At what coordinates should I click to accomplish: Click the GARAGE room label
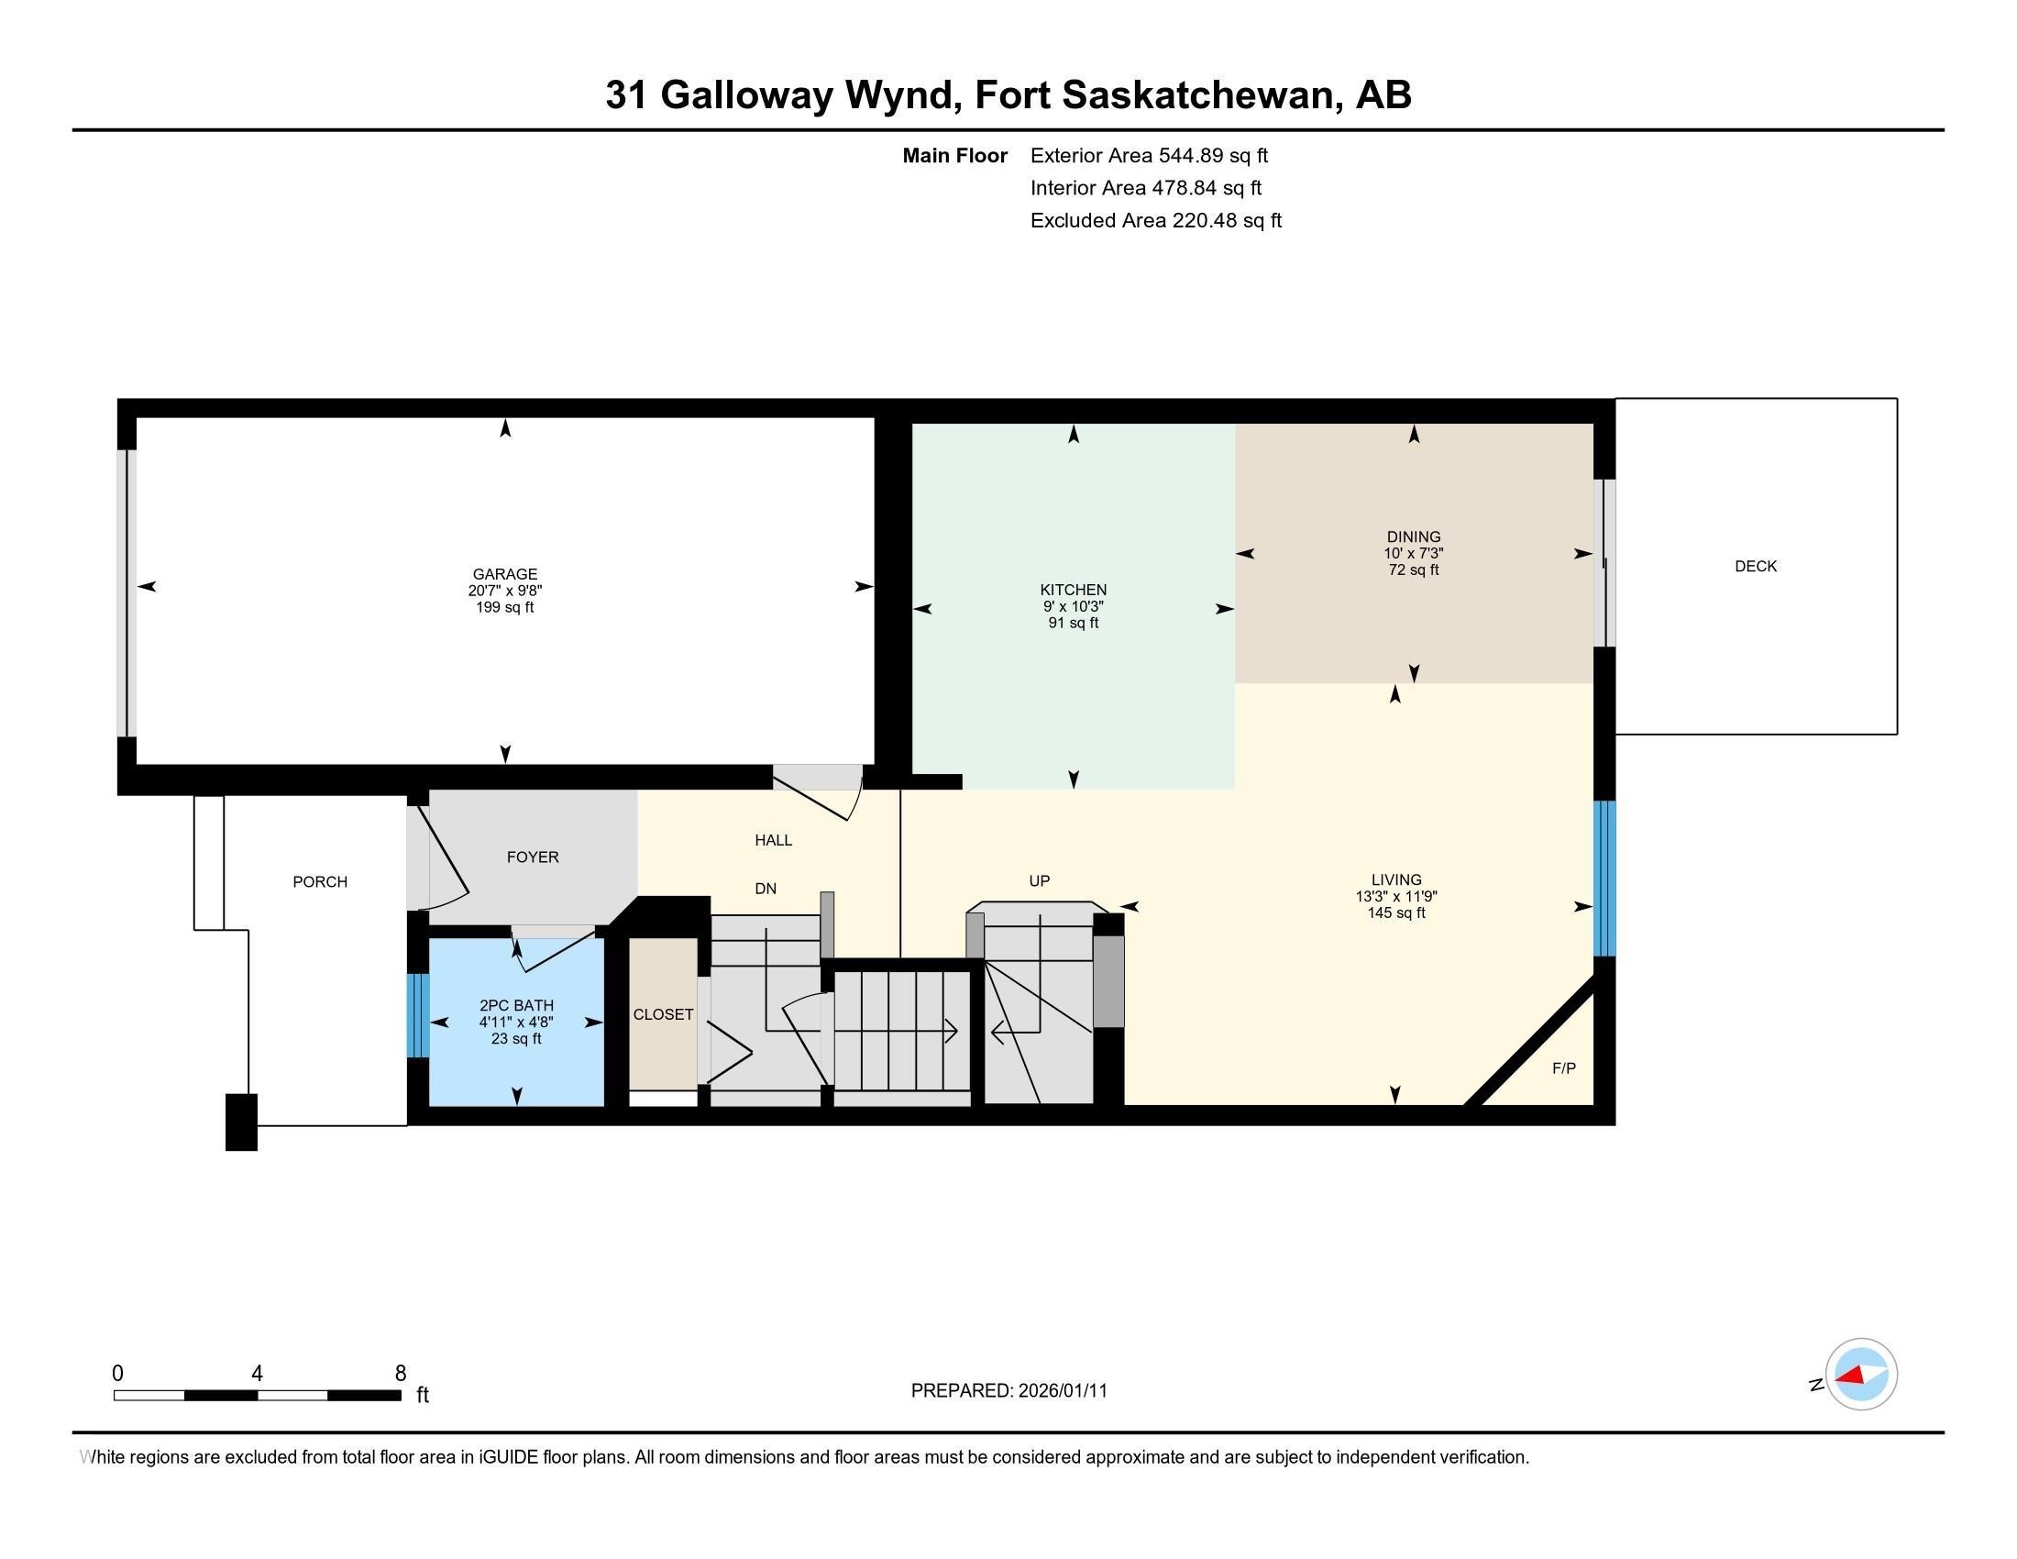pos(504,574)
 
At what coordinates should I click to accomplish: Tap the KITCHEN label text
pos(1074,591)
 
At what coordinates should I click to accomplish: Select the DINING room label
pos(1413,536)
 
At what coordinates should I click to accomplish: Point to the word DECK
pos(1756,566)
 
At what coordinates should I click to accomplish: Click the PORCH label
pos(321,882)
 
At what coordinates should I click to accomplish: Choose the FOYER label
pos(533,857)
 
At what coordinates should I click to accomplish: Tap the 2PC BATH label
pos(516,1006)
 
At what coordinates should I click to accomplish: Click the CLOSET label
pos(663,1014)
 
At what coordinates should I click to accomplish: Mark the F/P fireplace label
pos(1563,1068)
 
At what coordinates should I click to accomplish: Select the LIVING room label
pos(1396,880)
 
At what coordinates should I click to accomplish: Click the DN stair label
pos(766,889)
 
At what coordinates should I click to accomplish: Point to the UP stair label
pos(1040,881)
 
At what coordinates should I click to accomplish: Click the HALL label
pos(773,840)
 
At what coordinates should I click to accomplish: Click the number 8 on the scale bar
pos(401,1374)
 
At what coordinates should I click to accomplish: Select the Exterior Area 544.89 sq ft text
pos(1149,155)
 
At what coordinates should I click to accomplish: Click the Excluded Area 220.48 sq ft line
pos(1156,220)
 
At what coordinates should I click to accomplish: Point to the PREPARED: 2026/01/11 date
pos(1008,1391)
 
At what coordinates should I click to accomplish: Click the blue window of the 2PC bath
pos(418,1015)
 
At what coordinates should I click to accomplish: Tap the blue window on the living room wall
pos(1606,879)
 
